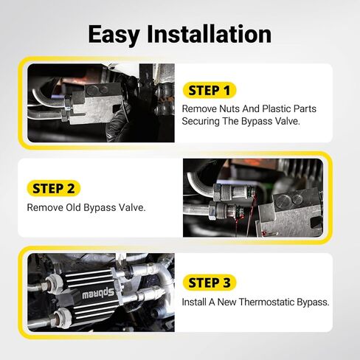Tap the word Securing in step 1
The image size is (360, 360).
(202, 121)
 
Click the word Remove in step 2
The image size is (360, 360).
(44, 207)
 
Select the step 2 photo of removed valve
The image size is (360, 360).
(252, 197)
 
